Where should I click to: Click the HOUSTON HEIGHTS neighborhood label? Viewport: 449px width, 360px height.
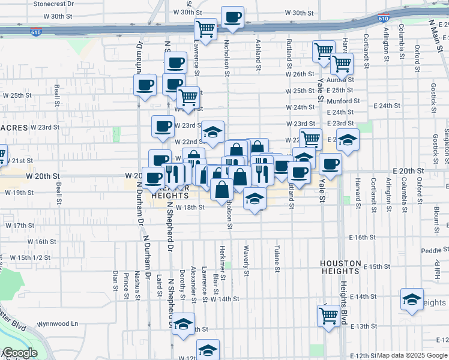click(340, 268)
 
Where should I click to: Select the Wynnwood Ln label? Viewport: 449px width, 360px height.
click(58, 324)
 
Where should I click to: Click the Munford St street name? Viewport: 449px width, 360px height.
click(343, 101)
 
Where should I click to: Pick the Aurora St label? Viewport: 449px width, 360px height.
click(341, 79)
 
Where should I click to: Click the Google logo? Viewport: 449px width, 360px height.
click(19, 353)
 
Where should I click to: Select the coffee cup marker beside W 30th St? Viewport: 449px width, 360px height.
click(232, 17)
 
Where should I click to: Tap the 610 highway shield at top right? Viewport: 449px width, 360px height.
click(384, 19)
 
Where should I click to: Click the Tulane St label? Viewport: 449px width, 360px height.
click(277, 259)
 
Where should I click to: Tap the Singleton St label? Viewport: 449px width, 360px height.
click(446, 142)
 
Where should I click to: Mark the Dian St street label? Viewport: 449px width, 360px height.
click(115, 280)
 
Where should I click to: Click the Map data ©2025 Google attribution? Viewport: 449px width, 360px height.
click(412, 355)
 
